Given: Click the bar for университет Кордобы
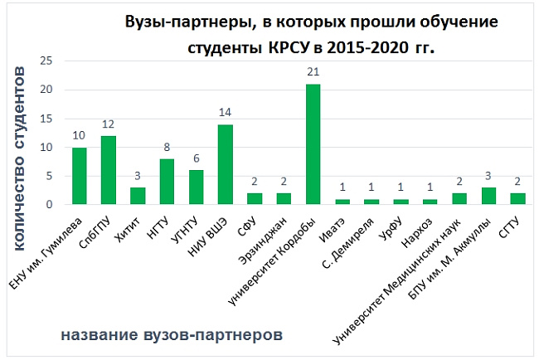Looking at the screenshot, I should tap(313, 144).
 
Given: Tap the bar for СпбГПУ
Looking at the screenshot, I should tap(109, 170).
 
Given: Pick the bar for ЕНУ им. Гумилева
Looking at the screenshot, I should tap(80, 176).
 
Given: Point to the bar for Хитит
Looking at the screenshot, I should tap(138, 196).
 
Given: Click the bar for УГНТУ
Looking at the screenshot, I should tap(196, 187).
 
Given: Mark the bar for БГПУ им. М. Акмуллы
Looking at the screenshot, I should tap(488, 196).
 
